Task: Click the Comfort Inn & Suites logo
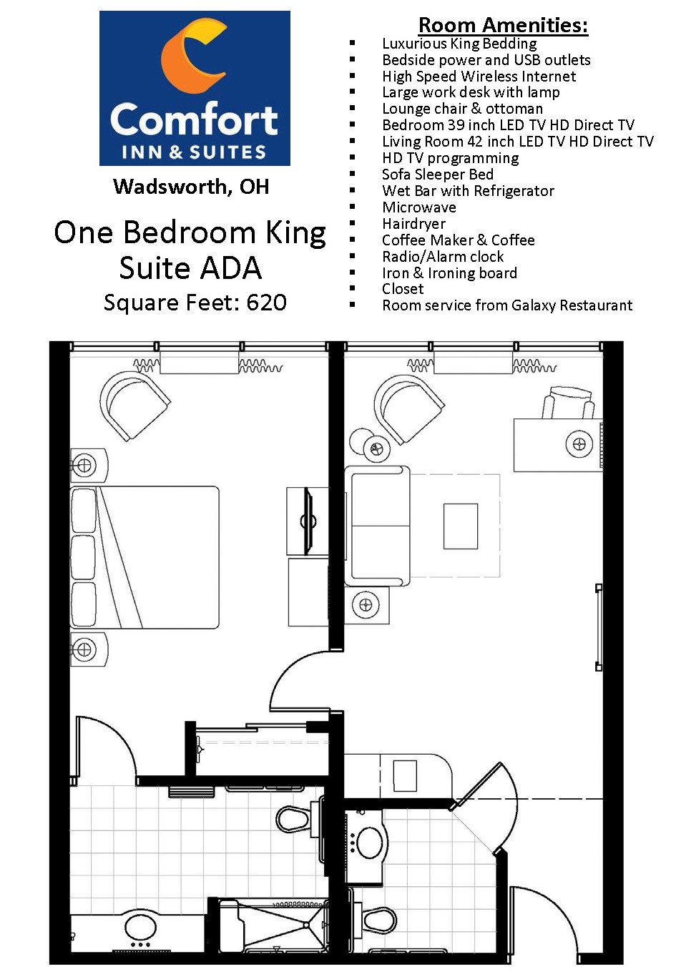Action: coord(195,88)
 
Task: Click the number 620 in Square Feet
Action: coord(267,303)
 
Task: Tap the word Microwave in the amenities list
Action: coord(419,207)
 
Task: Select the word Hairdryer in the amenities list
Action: coord(413,224)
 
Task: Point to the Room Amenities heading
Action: coord(503,25)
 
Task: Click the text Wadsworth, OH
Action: coord(191,187)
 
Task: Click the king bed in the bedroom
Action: coord(144,557)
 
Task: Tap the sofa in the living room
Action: coord(378,526)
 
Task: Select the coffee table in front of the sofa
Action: coord(461,526)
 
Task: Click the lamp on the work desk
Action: coord(579,444)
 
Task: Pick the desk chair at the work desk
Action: coord(568,403)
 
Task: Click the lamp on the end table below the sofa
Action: coord(366,605)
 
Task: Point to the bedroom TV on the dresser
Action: coord(309,521)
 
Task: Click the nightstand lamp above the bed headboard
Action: coord(84,466)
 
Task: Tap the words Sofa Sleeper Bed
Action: coord(438,175)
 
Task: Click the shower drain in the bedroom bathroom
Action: coord(306,925)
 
